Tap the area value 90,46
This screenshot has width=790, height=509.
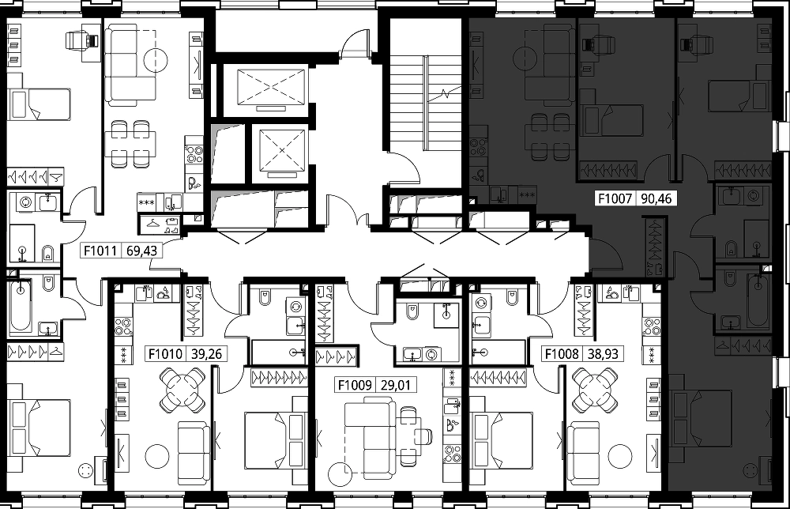(656, 198)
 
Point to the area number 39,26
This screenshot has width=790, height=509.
(207, 354)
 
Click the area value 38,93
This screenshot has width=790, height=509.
(603, 354)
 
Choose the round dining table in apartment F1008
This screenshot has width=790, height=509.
(595, 390)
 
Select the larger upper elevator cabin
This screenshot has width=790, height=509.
(271, 86)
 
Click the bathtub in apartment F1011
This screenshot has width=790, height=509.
(21, 305)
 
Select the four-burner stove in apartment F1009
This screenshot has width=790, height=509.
(452, 454)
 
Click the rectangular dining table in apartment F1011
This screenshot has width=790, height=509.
(130, 143)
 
